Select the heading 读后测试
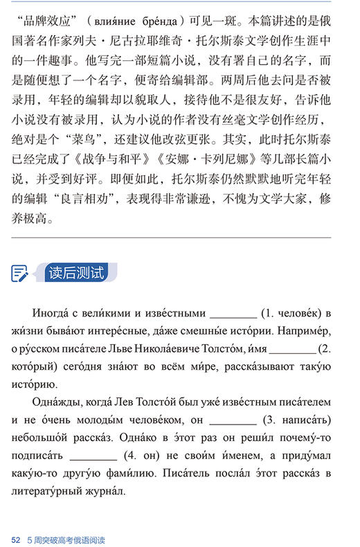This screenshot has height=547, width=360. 76,272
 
